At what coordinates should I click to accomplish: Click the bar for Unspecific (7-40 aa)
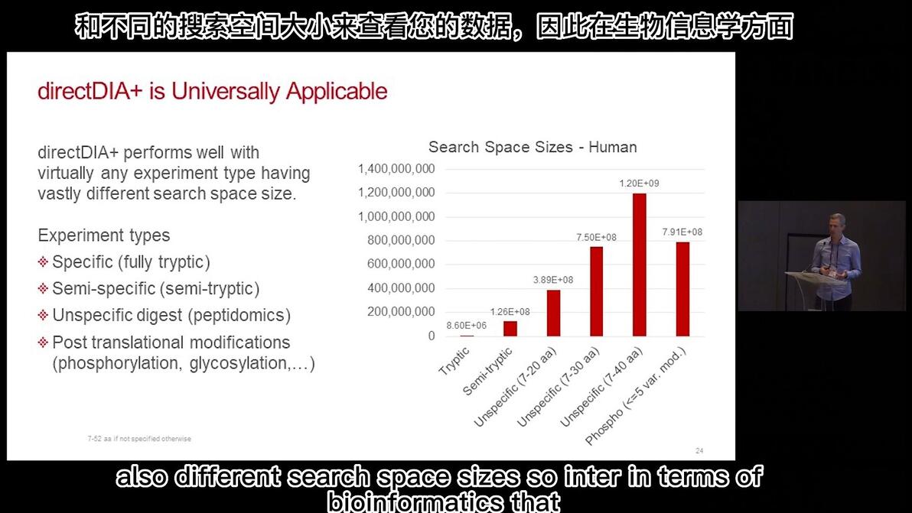[639, 265]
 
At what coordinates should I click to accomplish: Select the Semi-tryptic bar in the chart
[510, 329]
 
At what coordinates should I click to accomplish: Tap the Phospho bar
[682, 289]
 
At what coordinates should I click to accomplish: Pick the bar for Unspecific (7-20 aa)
[553, 313]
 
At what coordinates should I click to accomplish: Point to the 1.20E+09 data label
[639, 183]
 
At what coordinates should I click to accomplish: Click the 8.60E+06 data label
[467, 326]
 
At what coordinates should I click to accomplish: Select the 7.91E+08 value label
[682, 232]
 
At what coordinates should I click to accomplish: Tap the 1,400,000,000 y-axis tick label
[396, 169]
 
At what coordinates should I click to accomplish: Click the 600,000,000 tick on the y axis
[401, 264]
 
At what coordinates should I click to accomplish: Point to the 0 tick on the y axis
[432, 336]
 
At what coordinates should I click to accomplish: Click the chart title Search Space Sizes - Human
[533, 147]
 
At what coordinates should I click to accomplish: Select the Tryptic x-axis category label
[454, 361]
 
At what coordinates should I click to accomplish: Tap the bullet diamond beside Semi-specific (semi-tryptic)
[43, 289]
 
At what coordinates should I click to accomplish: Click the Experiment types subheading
[104, 235]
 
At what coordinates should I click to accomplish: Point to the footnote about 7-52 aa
[139, 439]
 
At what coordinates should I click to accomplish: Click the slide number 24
[699, 450]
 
